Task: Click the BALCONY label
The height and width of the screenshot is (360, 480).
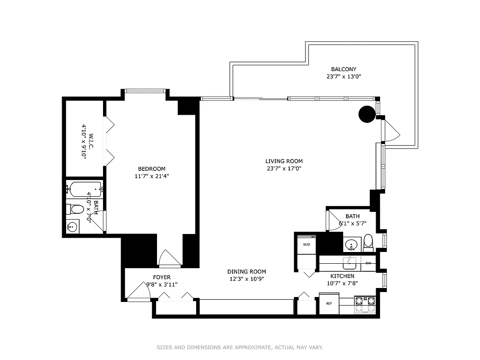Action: click(x=344, y=69)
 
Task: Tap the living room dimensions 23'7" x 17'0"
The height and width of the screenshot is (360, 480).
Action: click(x=283, y=169)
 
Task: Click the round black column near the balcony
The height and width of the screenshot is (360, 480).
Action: click(x=367, y=114)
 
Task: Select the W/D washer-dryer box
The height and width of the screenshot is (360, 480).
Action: click(x=306, y=245)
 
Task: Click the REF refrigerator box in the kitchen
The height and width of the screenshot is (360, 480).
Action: click(x=329, y=303)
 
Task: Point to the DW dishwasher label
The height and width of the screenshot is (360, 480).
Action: click(x=368, y=263)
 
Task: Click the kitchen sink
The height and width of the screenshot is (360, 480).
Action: click(x=349, y=262)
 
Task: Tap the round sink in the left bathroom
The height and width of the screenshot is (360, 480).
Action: click(x=72, y=227)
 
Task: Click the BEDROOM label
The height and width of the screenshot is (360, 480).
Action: click(x=152, y=169)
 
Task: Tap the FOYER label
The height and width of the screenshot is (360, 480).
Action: click(x=161, y=277)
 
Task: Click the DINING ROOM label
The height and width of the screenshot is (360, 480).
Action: click(x=247, y=271)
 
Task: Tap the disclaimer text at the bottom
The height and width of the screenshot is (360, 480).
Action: click(x=239, y=347)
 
